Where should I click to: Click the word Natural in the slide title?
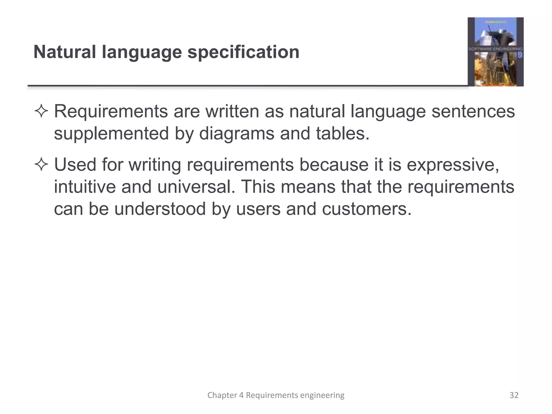64,52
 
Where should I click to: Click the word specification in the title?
243,52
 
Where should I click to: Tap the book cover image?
495,52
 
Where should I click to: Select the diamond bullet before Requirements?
41,112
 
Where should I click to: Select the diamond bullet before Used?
41,165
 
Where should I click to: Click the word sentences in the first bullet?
473,112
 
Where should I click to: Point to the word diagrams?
236,134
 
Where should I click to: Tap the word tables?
342,133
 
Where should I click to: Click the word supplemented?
111,134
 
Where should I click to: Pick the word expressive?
453,165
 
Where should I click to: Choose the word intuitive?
85,187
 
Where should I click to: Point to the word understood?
160,209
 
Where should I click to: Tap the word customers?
367,209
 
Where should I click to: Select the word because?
334,165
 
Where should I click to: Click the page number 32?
514,395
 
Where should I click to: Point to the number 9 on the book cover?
520,55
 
